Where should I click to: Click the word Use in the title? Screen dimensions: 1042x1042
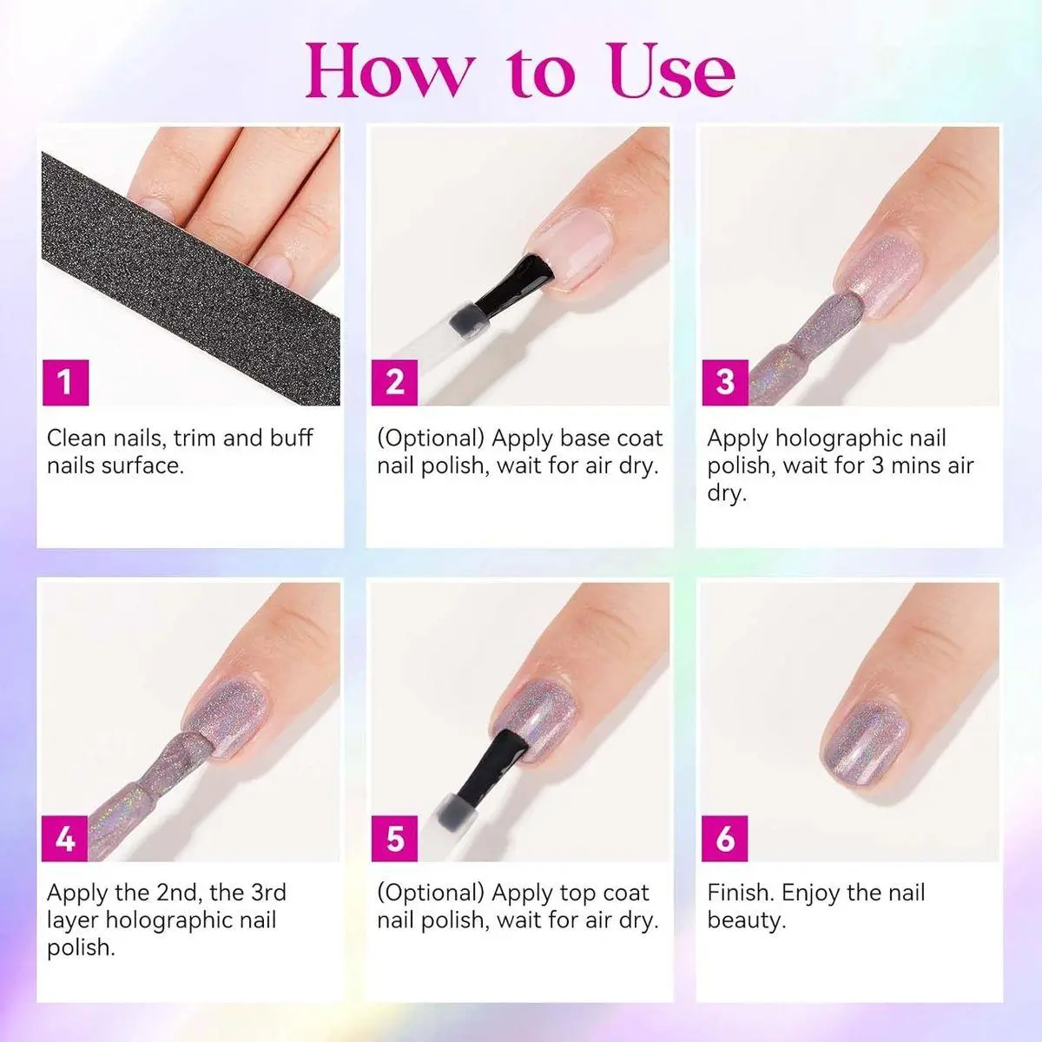pos(672,71)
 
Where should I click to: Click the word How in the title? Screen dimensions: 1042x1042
pos(387,71)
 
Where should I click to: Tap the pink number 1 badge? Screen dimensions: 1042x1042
pos(65,382)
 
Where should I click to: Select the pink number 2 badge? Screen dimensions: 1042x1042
pos(394,382)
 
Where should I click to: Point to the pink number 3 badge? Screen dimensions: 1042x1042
pos(725,382)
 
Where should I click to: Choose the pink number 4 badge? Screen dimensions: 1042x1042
pos(65,839)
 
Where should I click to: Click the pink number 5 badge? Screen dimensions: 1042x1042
pos(394,839)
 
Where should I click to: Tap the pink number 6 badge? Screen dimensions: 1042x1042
pos(724,839)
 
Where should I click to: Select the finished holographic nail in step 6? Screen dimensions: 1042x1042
pos(865,742)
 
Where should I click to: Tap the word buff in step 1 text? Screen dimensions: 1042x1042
pos(291,438)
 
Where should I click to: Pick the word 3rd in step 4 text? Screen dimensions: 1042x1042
pos(268,893)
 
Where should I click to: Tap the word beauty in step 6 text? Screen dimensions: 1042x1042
pos(747,921)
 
